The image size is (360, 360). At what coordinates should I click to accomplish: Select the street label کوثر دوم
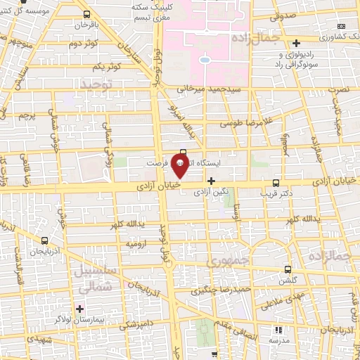click(x=82, y=44)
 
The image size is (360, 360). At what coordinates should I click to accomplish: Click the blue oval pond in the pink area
click(x=205, y=60)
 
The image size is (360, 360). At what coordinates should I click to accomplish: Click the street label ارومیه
click(x=136, y=243)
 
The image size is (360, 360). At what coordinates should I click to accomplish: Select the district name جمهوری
click(x=223, y=262)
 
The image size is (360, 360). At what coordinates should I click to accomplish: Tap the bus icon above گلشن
click(x=288, y=269)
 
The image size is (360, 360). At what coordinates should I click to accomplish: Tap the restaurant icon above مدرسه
click(x=278, y=330)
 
